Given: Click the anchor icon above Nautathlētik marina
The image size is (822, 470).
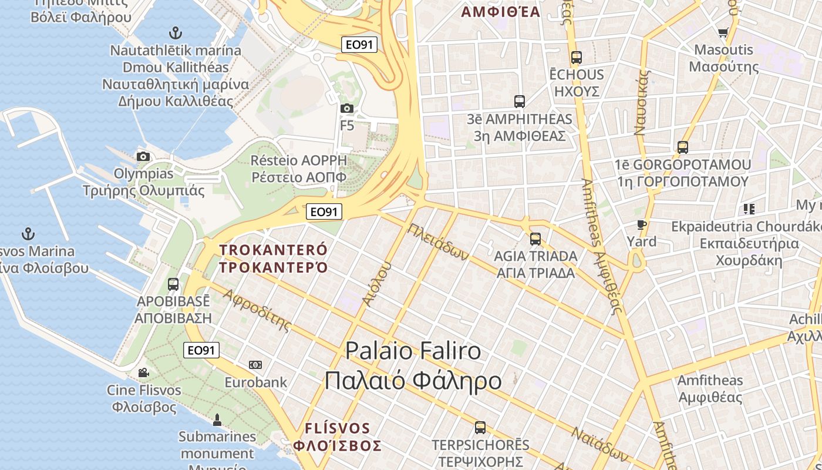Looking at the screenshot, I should point(174,32).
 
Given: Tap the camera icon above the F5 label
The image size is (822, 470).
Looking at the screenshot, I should point(347,108).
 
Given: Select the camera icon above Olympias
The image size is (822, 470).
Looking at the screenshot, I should point(143,156).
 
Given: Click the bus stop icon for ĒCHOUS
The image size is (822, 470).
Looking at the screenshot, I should point(577,58).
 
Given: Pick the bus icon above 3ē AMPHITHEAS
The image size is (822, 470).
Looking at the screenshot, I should point(520,102).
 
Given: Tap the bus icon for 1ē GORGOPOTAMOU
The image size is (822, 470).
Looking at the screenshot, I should point(682,147).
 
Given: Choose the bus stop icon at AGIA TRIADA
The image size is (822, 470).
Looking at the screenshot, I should point(535,239).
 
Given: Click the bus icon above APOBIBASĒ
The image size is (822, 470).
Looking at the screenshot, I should point(173,284).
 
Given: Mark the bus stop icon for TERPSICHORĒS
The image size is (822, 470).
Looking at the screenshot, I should point(480,428).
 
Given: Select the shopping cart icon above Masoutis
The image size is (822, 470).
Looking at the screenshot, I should point(723,33).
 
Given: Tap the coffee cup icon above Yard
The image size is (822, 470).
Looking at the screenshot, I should point(641,224).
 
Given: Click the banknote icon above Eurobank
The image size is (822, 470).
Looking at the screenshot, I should point(255,365).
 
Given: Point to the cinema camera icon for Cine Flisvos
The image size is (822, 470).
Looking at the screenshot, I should point(144,372).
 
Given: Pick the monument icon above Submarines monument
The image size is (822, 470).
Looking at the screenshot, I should point(217,419).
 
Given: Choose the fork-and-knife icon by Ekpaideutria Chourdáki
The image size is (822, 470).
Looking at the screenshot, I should point(749,209).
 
